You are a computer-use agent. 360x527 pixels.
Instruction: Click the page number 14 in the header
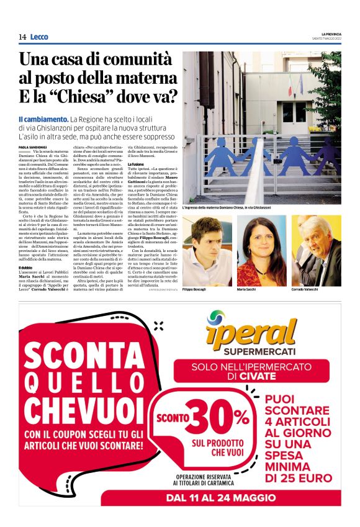(x=22, y=37)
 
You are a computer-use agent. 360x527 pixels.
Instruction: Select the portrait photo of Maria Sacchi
(x=261, y=251)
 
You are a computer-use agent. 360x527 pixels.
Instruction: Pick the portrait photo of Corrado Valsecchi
(x=315, y=251)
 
